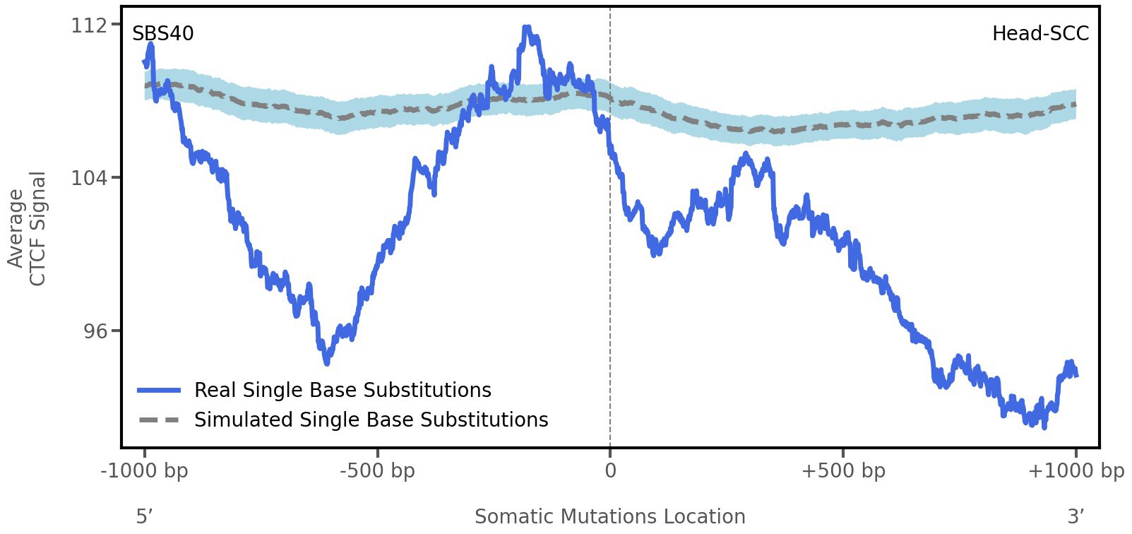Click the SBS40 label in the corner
[x=162, y=34]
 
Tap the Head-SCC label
[x=1039, y=34]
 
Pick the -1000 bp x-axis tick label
[x=145, y=471]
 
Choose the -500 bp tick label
[x=377, y=471]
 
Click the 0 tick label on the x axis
[x=610, y=471]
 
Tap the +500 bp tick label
[x=842, y=471]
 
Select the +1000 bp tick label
[x=1075, y=471]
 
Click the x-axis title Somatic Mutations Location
[x=609, y=517]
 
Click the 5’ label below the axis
[x=144, y=517]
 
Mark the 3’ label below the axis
[x=1076, y=517]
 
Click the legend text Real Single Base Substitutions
[x=342, y=391]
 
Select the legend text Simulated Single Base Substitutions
[x=371, y=420]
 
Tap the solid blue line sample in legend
[x=159, y=391]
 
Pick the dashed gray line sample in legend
[x=159, y=420]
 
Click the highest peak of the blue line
[x=527, y=29]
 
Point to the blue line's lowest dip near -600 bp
[x=326, y=362]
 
